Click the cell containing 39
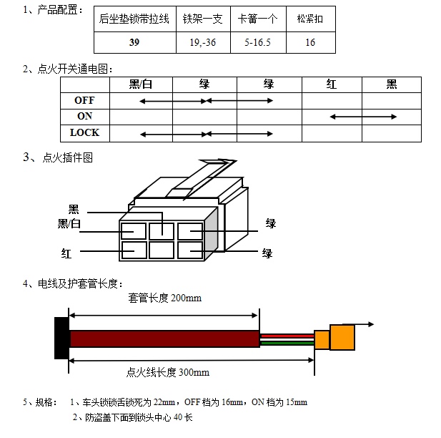(x=135, y=42)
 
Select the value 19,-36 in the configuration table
(x=203, y=42)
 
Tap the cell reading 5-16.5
(x=257, y=42)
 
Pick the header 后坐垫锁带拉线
(x=135, y=19)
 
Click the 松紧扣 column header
(x=309, y=19)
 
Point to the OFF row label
(x=84, y=101)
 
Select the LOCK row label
(x=84, y=133)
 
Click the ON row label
(x=84, y=117)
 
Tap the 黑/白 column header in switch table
(x=140, y=84)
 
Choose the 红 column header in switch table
(x=331, y=84)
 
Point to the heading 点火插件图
(x=68, y=157)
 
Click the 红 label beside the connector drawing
(x=66, y=253)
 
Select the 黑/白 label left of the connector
(x=69, y=225)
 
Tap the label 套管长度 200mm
(x=164, y=298)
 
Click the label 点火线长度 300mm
(x=167, y=372)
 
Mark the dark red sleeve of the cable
(x=164, y=339)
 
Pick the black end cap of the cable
(x=61, y=338)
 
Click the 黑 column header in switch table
(x=391, y=84)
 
